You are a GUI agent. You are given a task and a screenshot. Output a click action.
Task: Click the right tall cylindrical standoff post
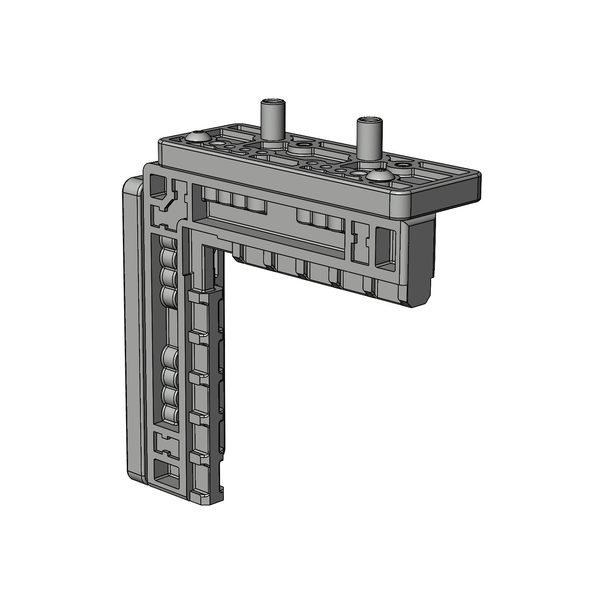point(369,140)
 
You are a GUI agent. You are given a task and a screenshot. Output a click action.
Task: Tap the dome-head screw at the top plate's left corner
point(198,137)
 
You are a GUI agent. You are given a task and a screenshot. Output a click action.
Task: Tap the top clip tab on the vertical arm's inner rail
point(198,297)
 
